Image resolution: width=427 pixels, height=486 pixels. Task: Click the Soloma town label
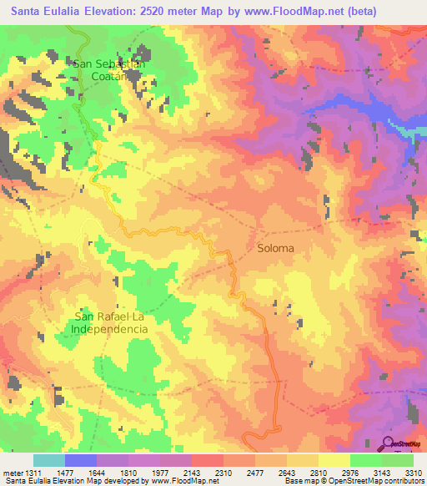tap(276, 248)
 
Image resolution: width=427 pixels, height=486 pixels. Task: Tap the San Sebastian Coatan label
tap(110, 69)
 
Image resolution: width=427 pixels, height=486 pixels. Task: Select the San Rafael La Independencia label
tap(111, 321)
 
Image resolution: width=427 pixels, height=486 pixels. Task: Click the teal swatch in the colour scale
tap(49, 460)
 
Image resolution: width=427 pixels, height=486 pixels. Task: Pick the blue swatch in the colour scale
tap(81, 460)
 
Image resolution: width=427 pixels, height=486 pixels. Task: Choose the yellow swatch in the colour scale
tap(334, 460)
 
